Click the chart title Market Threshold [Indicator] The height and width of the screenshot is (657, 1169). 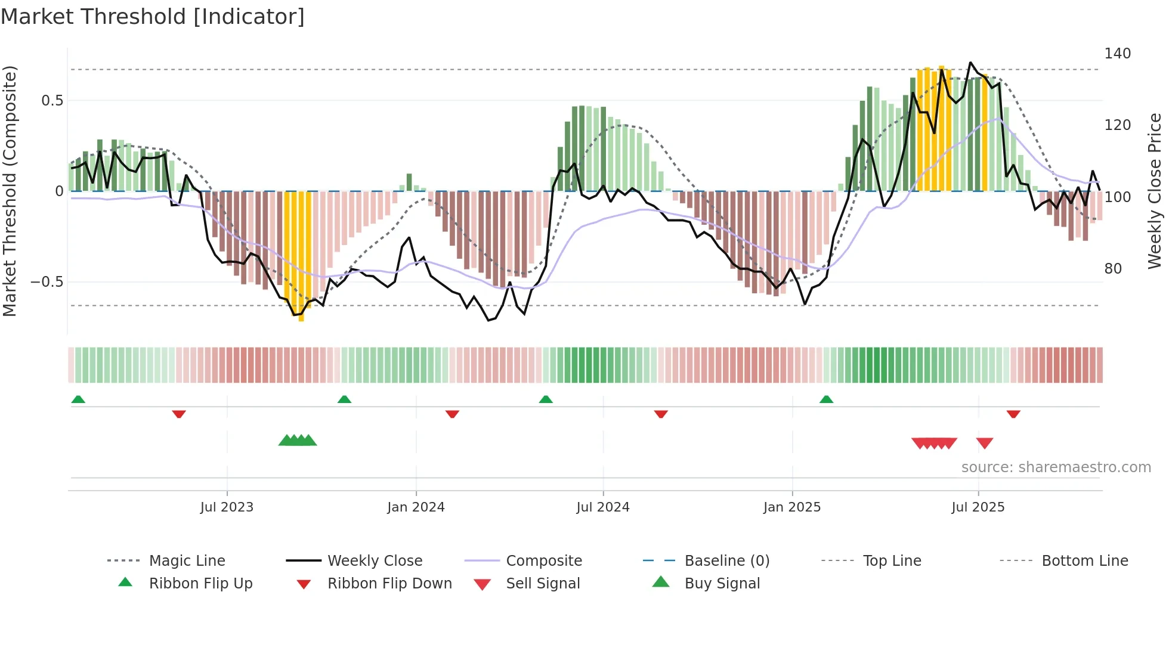(153, 17)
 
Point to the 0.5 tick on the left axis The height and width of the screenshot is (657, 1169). (52, 101)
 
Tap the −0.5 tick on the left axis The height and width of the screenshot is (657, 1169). (47, 282)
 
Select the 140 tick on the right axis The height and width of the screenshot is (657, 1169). (1117, 54)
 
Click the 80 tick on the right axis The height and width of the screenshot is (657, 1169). (1113, 269)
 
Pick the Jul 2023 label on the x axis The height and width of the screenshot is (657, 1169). (227, 507)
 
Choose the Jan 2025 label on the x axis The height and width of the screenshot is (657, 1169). (792, 507)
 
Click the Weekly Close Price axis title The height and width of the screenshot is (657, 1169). (1155, 191)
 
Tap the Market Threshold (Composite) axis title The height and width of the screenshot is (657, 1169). (10, 191)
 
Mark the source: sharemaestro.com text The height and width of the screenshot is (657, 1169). (1056, 467)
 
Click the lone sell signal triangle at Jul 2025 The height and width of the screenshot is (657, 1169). (985, 443)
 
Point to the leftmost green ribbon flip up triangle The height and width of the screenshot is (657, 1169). (78, 399)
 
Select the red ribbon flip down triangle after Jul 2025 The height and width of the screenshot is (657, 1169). (1013, 414)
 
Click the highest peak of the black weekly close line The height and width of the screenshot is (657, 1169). (970, 63)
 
